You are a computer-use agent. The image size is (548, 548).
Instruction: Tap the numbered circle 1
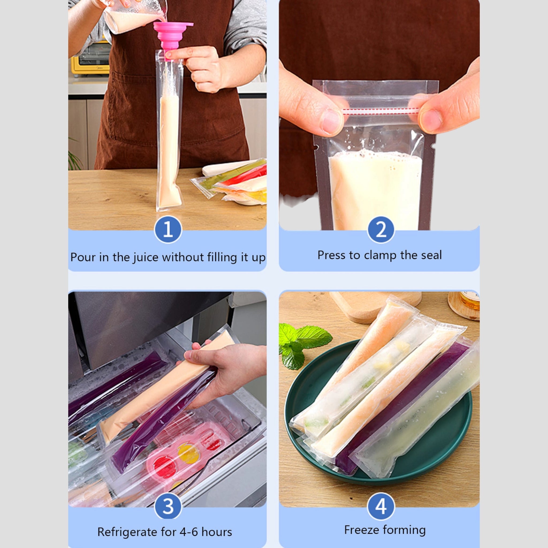[168, 229]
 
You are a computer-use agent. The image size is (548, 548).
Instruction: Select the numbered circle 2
[381, 229]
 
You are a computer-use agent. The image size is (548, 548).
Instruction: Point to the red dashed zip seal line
[380, 111]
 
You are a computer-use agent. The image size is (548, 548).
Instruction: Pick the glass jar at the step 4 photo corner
[465, 305]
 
